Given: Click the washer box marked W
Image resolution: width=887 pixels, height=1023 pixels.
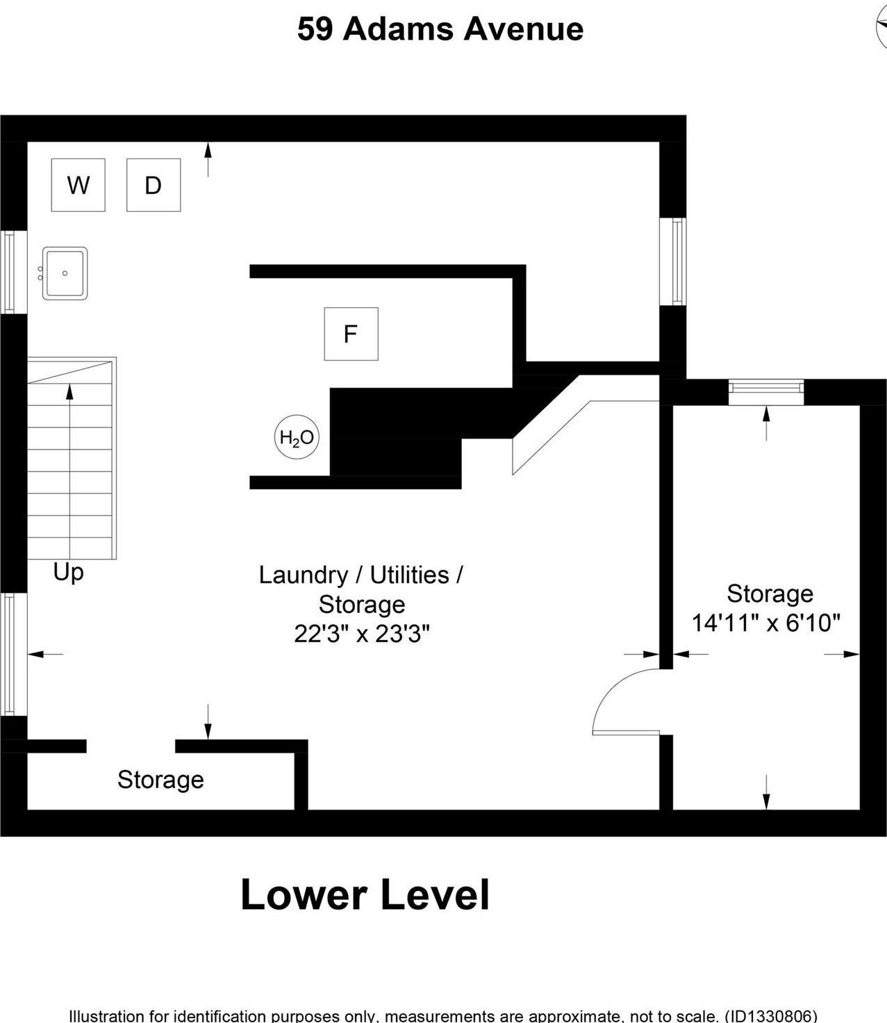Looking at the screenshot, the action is point(78,185).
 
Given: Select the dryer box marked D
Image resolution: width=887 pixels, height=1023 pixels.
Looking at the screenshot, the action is point(154,185).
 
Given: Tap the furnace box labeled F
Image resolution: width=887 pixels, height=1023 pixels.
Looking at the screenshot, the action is point(351,334).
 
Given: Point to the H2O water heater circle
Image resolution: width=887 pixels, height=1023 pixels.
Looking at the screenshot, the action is point(297,437).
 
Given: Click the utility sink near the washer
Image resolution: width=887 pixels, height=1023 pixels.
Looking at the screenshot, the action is point(65,274).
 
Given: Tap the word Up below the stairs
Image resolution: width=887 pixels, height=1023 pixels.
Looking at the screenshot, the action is point(69,573).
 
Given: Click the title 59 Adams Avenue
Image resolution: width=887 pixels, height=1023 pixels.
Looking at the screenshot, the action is point(440,29).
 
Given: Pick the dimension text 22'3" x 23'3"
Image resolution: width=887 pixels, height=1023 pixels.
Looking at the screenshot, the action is point(362,634).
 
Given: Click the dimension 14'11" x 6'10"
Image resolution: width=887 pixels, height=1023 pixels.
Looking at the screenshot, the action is point(765,623).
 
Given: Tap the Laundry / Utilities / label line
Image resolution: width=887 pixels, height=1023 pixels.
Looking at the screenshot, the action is point(360,575).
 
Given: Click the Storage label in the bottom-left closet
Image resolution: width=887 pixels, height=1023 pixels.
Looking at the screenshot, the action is point(160,780).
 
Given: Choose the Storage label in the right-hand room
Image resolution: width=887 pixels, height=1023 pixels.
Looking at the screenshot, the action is point(770,594).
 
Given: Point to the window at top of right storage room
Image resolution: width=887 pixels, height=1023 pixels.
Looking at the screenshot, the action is point(766,392).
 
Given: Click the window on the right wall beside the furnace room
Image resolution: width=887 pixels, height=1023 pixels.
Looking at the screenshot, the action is point(673,261).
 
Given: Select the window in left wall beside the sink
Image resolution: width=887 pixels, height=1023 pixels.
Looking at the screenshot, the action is point(13,272).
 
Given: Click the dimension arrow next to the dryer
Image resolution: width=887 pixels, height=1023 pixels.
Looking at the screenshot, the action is point(208,160).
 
